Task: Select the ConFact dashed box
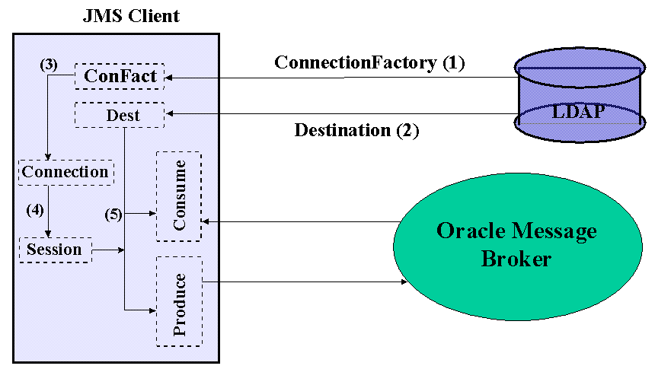(x=120, y=76)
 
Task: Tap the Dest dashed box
(x=120, y=115)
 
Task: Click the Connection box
(x=65, y=172)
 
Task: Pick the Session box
(x=54, y=250)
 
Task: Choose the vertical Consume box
(x=179, y=196)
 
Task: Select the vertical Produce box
(x=179, y=301)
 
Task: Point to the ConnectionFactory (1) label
(x=369, y=62)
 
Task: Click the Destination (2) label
(x=356, y=130)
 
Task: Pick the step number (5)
(x=113, y=215)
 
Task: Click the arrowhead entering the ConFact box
(x=171, y=77)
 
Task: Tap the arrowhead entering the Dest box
(x=171, y=114)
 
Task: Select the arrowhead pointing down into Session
(x=49, y=234)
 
